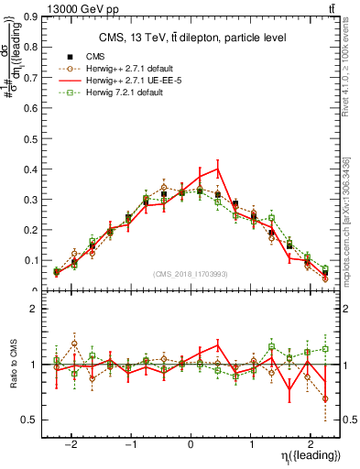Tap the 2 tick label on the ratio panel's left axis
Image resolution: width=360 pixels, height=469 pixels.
click(x=32, y=310)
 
